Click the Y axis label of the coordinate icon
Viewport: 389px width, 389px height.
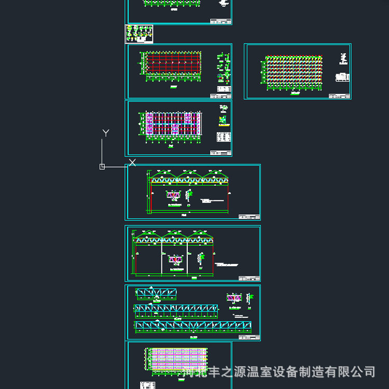click(x=106, y=133)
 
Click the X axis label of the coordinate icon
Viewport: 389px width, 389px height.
click(x=132, y=162)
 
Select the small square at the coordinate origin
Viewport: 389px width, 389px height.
click(x=102, y=166)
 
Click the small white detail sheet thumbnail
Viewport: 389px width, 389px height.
click(x=139, y=34)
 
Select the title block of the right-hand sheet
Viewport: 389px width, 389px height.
click(x=339, y=95)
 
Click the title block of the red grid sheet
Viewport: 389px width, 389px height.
click(x=220, y=95)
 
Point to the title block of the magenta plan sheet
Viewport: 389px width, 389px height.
click(x=220, y=152)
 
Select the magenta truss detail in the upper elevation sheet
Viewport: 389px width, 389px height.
click(x=173, y=196)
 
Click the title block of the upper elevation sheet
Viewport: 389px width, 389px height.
click(x=249, y=216)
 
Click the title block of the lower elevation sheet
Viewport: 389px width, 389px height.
click(x=249, y=278)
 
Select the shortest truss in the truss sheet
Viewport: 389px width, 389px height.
click(x=156, y=294)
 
